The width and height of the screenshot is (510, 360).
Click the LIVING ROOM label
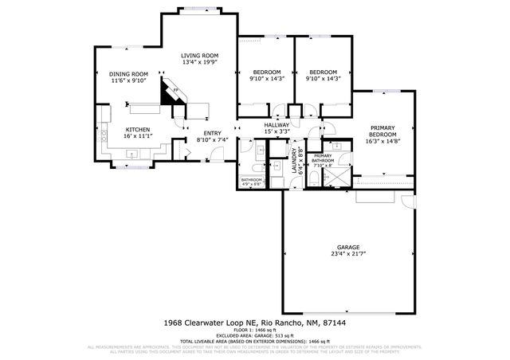200,55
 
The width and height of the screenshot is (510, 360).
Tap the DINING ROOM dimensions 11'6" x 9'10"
129,80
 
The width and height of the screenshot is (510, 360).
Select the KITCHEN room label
136,129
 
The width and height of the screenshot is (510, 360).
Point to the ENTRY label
212,133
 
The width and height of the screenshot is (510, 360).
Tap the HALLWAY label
277,125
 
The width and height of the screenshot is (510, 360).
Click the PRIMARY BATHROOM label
323,158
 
